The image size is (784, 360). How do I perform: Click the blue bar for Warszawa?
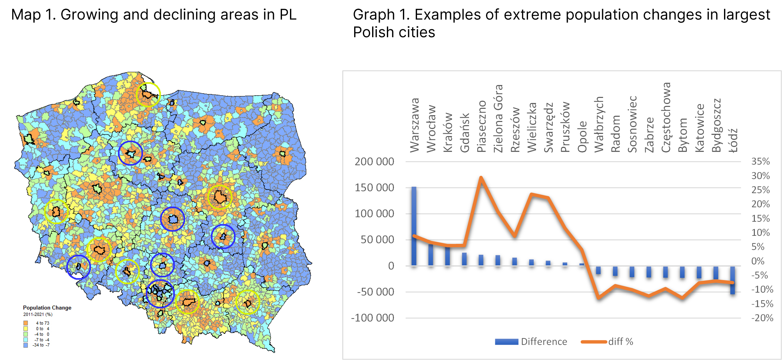pos(414,226)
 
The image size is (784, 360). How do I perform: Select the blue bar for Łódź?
pos(733,280)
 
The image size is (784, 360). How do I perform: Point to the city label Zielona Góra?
pos(498,118)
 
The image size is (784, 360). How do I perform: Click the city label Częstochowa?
pos(666,117)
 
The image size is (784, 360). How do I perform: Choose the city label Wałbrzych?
pos(599,124)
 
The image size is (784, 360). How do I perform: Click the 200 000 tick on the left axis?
pos(374,161)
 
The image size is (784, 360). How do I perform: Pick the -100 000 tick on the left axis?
pos(372,318)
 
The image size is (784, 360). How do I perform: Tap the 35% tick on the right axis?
pos(760,161)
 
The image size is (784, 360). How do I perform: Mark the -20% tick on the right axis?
pos(762,318)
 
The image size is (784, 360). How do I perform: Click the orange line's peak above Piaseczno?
pos(481,177)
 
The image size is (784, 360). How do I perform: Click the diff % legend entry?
pos(607,342)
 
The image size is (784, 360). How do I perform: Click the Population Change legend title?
pos(47,308)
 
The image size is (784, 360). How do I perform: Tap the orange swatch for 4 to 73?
pos(26,323)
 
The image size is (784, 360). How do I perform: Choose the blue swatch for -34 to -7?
pos(26,345)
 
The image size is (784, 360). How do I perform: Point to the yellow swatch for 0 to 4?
pos(26,329)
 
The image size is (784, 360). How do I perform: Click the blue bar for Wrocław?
pos(431,255)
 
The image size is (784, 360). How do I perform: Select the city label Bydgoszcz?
pos(716,125)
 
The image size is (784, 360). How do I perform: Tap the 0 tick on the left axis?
pos(391,266)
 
